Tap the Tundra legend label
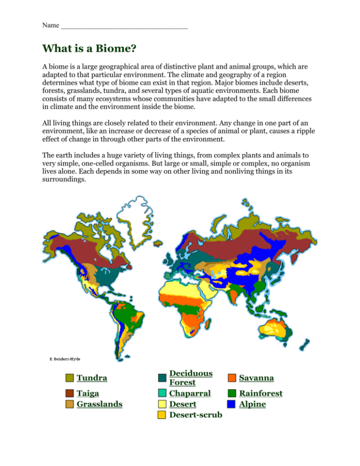tap(91, 377)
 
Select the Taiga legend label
tap(88, 393)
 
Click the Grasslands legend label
tap(99, 404)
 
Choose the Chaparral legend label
tap(190, 393)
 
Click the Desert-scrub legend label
tap(195, 414)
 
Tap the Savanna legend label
tap(256, 377)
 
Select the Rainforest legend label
tap(261, 393)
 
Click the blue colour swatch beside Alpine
tap(231, 404)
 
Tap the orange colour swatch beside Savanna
tap(231, 378)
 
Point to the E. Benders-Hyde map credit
tap(65, 359)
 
